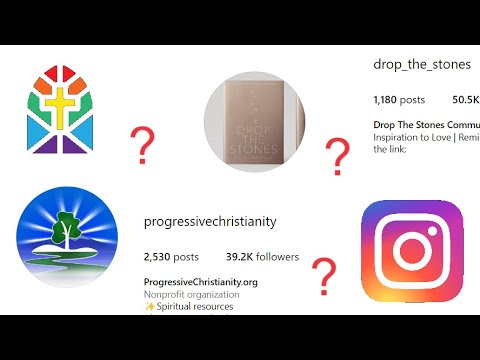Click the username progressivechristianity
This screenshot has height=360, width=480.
click(210, 221)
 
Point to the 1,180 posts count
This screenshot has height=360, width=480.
click(399, 100)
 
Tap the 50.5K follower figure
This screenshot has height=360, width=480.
click(466, 100)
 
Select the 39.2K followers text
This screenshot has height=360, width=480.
click(263, 256)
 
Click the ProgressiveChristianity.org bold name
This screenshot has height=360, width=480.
click(201, 282)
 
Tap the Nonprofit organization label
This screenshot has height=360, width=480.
click(191, 294)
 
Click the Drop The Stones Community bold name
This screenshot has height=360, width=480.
click(426, 125)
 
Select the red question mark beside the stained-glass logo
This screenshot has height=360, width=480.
click(144, 145)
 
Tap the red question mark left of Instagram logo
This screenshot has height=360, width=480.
click(322, 273)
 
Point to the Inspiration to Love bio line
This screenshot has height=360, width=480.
click(426, 137)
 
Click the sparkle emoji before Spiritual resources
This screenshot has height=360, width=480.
click(149, 306)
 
